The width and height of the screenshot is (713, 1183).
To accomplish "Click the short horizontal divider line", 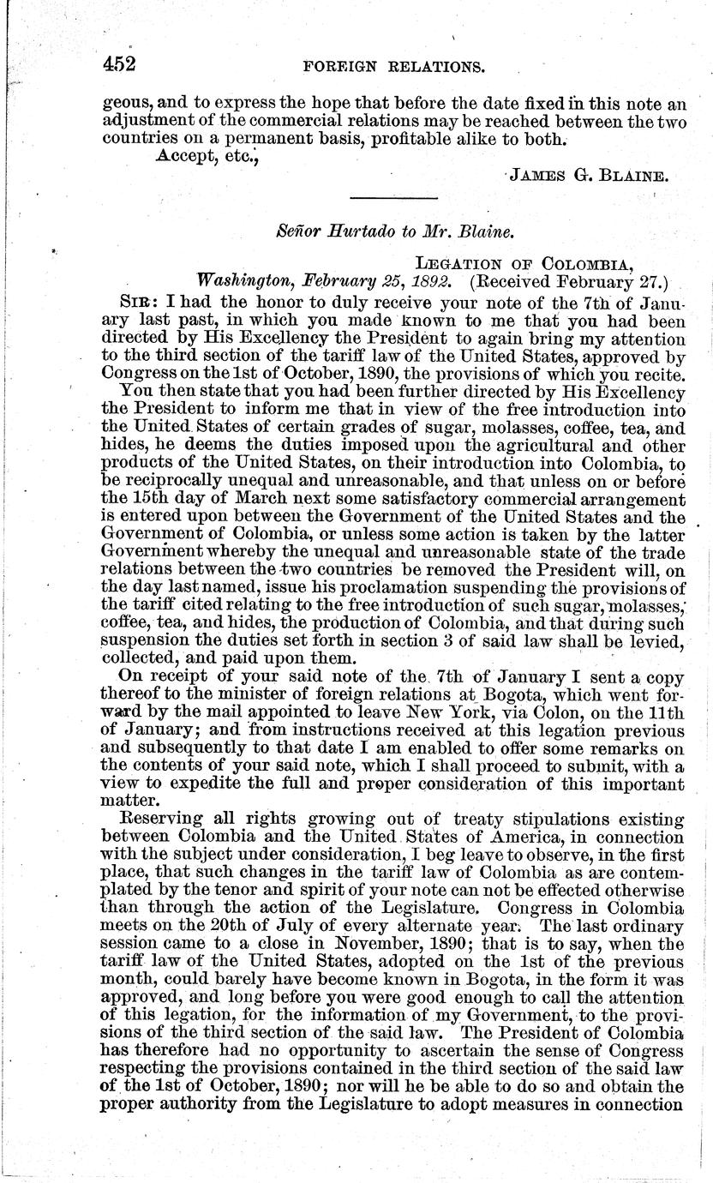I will coord(395,199).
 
